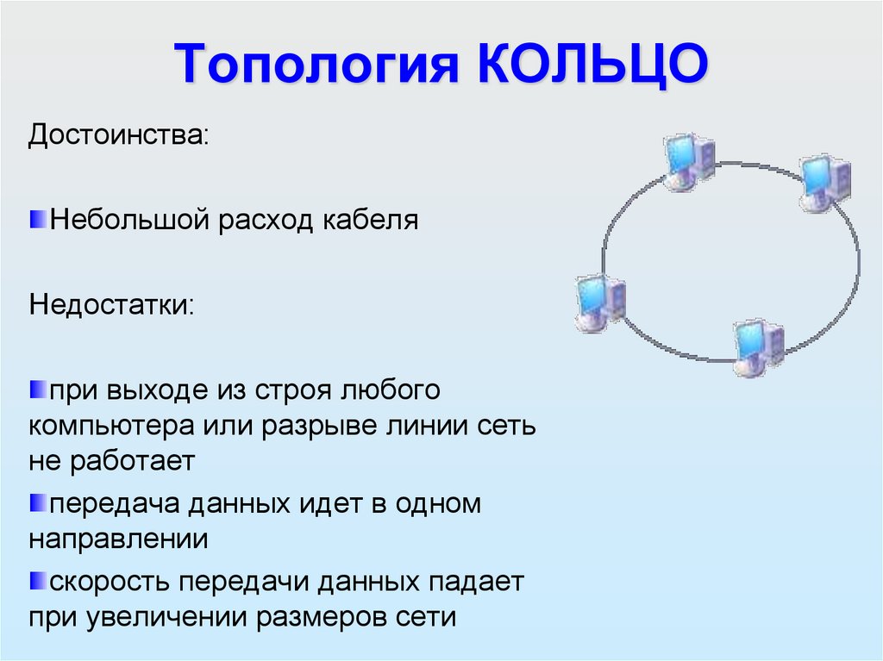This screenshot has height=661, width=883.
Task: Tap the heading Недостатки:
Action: point(112,306)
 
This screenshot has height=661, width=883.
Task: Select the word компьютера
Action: point(112,427)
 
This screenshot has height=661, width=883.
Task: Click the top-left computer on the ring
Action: point(689,160)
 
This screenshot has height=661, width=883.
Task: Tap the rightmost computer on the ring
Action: point(824,182)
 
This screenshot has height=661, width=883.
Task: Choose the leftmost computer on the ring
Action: point(599,301)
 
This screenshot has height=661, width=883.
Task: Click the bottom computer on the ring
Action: point(757,346)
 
